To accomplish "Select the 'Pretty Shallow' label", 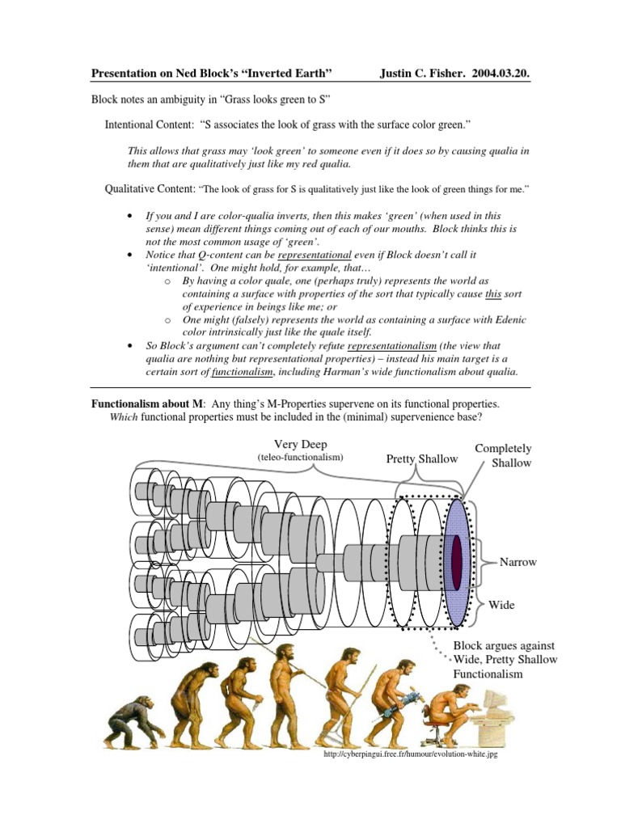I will (x=421, y=458).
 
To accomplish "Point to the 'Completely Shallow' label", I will (x=504, y=454).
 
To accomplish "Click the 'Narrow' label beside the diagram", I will (x=518, y=561).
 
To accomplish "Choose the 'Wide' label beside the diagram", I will (x=501, y=604).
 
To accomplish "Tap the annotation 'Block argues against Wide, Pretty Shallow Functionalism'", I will (x=505, y=659).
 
